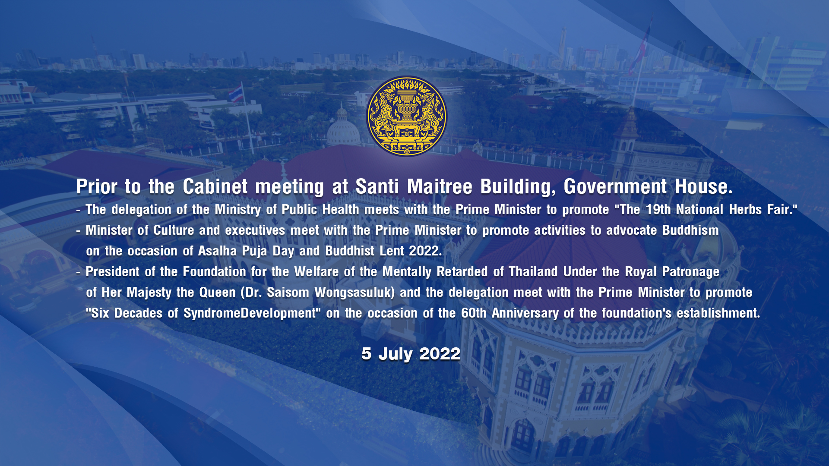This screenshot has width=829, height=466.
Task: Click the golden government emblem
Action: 407,116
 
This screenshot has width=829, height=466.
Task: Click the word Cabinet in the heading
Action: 215,187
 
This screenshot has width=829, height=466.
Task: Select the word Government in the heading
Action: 615,187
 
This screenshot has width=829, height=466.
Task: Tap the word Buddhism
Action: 690,230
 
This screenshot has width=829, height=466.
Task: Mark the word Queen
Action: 217,293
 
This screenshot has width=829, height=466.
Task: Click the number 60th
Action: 474,313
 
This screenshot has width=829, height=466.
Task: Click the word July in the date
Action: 395,354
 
